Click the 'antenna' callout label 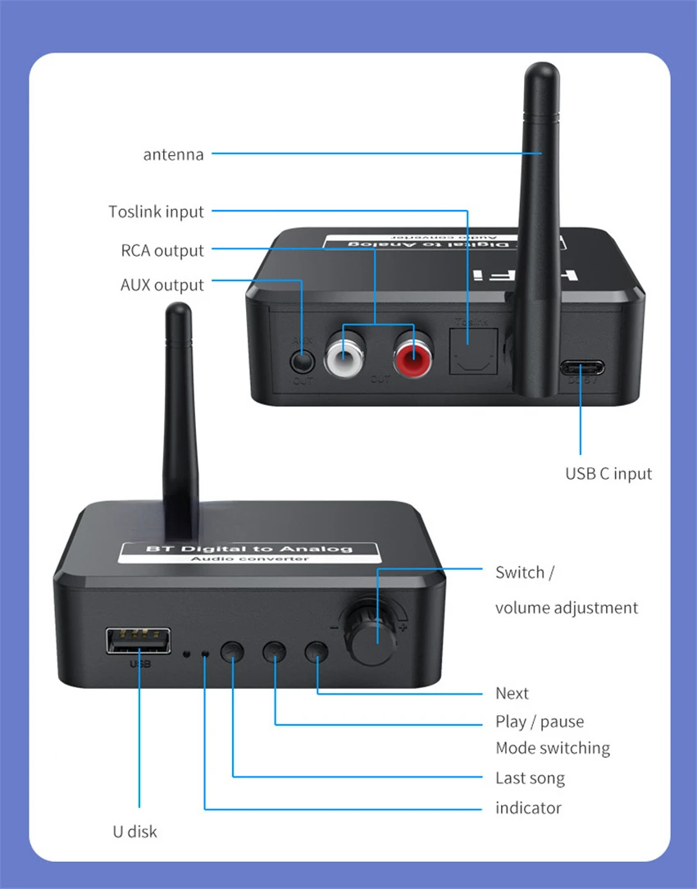(173, 154)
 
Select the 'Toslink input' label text (156, 212)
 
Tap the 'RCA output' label (162, 250)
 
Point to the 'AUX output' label (162, 285)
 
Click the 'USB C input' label (608, 473)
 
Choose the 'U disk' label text (134, 831)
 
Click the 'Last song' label (530, 777)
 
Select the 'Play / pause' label (540, 722)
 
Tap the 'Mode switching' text (553, 748)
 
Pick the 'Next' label (512, 693)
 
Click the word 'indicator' (528, 808)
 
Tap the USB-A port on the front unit (139, 641)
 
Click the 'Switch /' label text (524, 572)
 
